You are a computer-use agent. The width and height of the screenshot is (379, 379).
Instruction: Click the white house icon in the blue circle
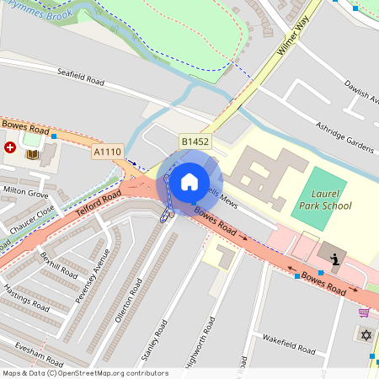tap(189, 181)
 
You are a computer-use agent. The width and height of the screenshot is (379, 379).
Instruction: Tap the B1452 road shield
tap(195, 142)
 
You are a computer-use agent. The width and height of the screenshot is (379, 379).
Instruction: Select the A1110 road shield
tap(108, 152)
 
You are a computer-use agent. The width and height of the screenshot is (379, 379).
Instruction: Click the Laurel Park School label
tap(325, 200)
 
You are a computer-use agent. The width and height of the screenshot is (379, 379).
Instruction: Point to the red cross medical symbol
tap(10, 147)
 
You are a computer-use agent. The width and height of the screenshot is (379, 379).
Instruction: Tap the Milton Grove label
tap(26, 193)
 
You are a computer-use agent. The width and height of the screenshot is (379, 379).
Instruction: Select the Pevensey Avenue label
tap(91, 270)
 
